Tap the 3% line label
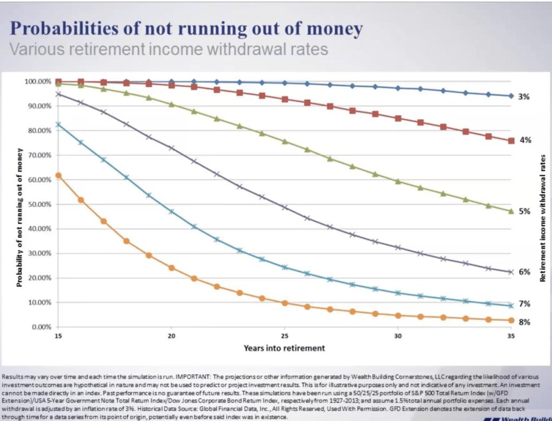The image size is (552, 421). point(524,97)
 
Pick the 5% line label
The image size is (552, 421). point(524,212)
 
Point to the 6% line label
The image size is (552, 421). point(524,272)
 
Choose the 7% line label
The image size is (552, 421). point(524,304)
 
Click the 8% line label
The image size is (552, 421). point(524,322)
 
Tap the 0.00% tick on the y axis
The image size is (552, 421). point(41,327)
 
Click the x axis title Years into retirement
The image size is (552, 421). point(284,348)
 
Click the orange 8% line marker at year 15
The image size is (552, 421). point(58,175)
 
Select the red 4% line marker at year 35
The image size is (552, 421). point(511,141)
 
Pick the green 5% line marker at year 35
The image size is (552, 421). point(511,211)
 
